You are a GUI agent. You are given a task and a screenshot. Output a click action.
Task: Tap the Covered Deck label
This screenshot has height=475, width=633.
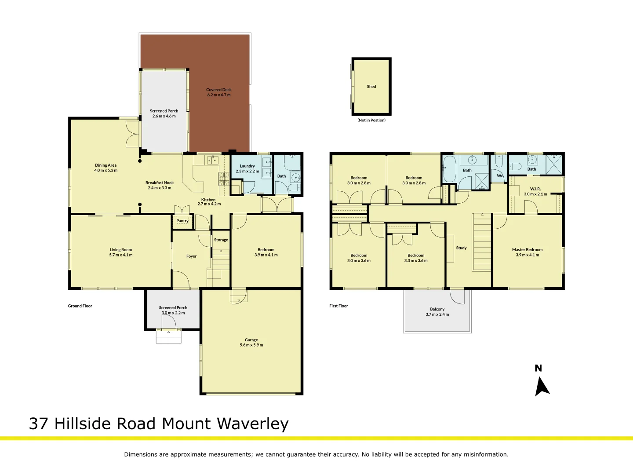218,90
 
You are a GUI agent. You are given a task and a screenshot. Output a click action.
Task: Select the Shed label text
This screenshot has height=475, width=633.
371,87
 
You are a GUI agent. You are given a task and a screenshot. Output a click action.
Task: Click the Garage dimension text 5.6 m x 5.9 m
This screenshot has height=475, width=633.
251,345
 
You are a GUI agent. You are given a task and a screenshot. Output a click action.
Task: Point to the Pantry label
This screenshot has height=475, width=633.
182,221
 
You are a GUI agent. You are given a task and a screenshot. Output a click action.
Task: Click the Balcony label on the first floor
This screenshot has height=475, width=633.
437,309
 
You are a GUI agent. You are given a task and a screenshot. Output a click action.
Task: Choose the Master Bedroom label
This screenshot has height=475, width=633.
527,250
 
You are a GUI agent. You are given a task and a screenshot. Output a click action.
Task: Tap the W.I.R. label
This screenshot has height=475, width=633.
535,189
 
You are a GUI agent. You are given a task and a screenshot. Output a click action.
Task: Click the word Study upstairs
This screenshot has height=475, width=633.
461,248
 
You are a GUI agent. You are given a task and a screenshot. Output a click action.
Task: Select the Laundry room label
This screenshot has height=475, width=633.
247,166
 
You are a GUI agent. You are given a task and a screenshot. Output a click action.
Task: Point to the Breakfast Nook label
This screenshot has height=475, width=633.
160,183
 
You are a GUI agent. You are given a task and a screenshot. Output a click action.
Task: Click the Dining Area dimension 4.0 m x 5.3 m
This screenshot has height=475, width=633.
105,171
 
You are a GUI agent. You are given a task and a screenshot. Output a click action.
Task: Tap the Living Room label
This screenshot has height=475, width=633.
120,250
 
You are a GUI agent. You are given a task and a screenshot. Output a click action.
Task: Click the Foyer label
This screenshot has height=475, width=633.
191,256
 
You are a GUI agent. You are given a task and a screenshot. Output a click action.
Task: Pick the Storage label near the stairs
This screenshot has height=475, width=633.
221,240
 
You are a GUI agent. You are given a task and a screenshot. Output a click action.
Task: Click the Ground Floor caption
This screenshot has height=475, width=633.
80,306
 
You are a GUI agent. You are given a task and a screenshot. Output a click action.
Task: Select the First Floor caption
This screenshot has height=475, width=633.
338,306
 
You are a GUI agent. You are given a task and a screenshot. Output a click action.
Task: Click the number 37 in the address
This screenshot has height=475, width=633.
38,424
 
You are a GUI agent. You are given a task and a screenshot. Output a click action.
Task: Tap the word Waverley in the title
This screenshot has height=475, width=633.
252,424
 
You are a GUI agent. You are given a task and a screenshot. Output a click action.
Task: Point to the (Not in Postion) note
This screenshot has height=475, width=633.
371,120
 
